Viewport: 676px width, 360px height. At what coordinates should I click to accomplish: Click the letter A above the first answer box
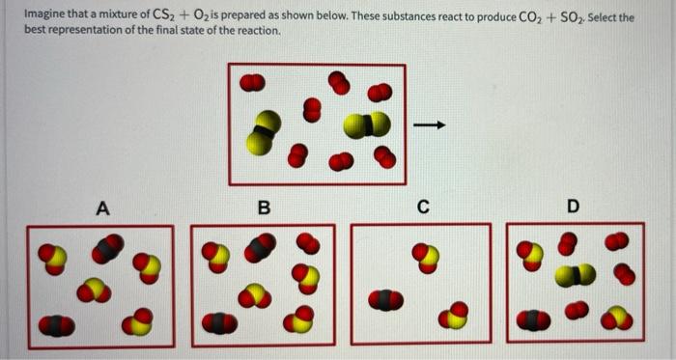coord(102,208)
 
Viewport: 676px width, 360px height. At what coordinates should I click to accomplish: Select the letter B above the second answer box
coord(264,208)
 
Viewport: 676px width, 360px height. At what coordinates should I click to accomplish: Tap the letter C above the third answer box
coord(423,207)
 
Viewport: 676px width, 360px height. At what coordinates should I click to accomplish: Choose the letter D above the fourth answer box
coord(573,207)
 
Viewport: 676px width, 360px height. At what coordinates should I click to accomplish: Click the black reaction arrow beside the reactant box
coord(429,125)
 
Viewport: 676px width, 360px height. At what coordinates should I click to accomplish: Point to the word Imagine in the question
coord(44,14)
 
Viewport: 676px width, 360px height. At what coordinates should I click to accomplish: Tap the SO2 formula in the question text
coord(572,18)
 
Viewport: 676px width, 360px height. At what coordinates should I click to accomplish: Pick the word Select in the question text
coord(603,18)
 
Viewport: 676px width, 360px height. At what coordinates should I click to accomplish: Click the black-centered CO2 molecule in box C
coord(386,300)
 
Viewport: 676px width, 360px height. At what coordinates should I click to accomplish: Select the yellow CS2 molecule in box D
coord(576,275)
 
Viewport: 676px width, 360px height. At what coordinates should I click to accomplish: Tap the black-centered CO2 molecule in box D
coord(533,320)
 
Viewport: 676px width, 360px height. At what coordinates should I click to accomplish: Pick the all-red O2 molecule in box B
coord(308,243)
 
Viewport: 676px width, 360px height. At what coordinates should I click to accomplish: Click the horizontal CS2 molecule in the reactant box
coord(367,125)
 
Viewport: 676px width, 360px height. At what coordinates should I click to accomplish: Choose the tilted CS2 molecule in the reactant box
coord(264,132)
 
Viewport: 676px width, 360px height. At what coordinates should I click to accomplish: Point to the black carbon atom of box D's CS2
coord(576,275)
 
